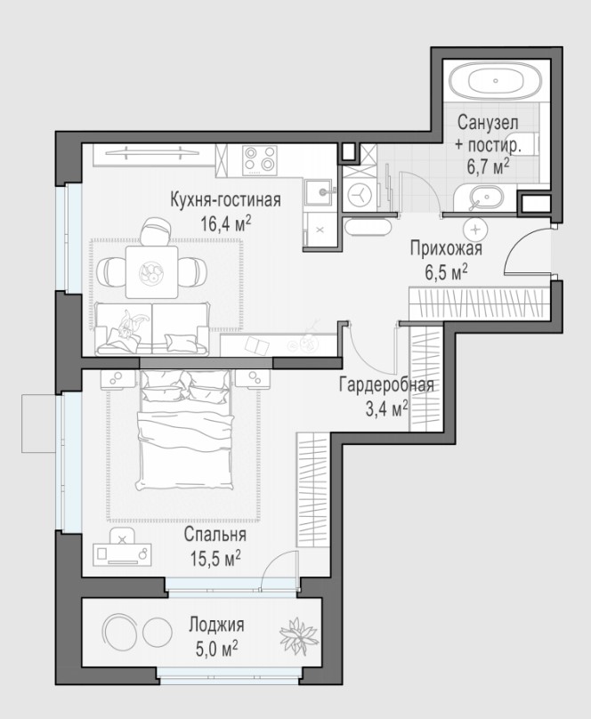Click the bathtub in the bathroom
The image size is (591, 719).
click(495, 81)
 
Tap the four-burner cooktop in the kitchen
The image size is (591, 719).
click(260, 159)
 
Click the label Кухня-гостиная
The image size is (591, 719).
click(225, 200)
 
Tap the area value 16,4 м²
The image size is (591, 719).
click(226, 224)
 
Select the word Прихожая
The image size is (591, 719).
click(446, 249)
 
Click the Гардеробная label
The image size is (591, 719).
click(386, 385)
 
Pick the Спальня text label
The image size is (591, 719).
click(215, 535)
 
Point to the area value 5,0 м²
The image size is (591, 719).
click(217, 649)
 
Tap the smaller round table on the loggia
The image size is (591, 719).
click(158, 633)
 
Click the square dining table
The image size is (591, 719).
click(152, 272)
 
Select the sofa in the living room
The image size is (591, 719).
click(152, 328)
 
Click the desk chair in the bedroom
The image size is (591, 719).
click(122, 537)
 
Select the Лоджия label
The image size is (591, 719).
click(217, 625)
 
